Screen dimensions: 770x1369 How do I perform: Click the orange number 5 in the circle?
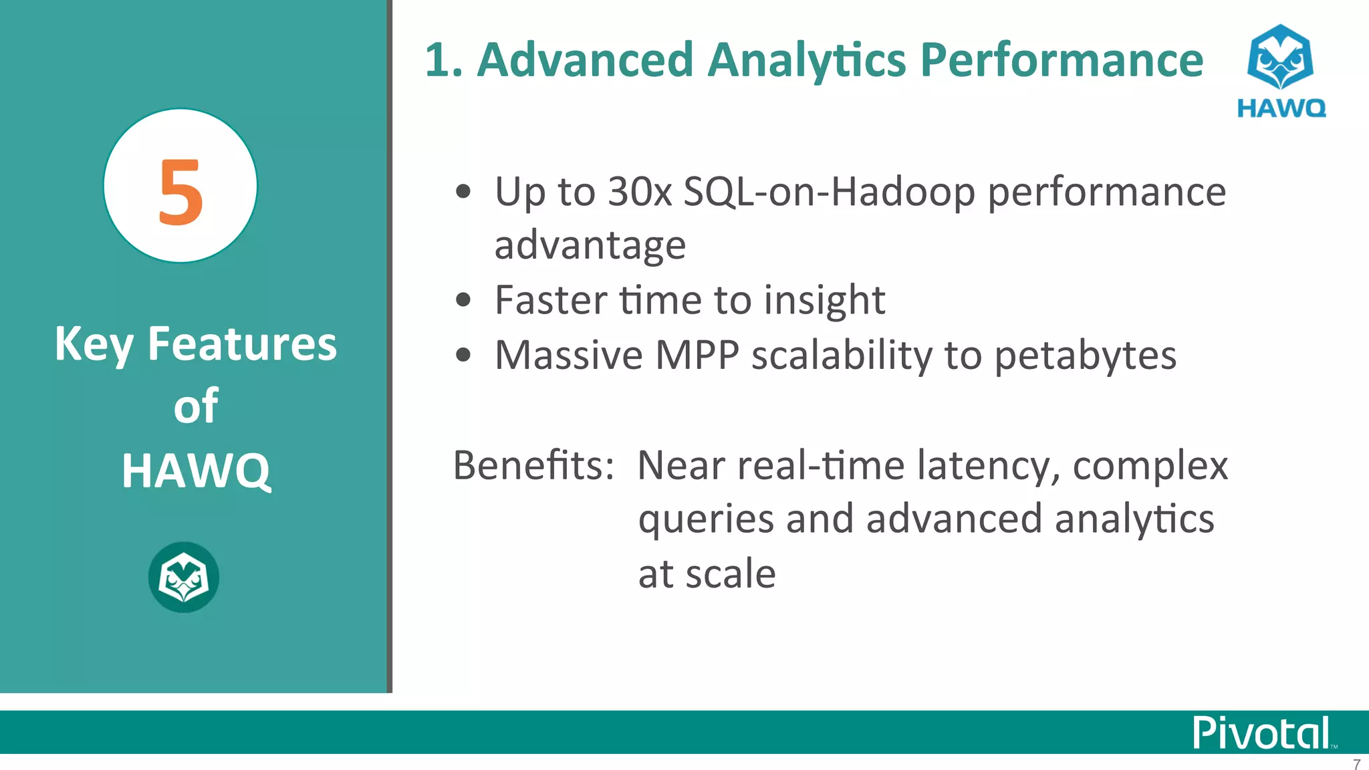pyautogui.click(x=180, y=192)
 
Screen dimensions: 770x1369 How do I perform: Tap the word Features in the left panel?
pyautogui.click(x=242, y=344)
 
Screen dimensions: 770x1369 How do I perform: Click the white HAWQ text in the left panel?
pyautogui.click(x=196, y=471)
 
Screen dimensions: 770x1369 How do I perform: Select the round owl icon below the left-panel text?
pyautogui.click(x=183, y=577)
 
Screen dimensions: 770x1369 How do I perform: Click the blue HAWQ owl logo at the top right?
pyautogui.click(x=1280, y=57)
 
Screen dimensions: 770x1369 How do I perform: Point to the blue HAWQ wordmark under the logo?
pyautogui.click(x=1281, y=108)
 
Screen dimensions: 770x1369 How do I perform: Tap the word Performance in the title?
pyautogui.click(x=1062, y=60)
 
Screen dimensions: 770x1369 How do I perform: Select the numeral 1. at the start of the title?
pyautogui.click(x=443, y=60)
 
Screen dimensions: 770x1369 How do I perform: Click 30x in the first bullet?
pyautogui.click(x=639, y=192)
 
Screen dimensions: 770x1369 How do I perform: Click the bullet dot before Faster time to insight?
pyautogui.click(x=463, y=300)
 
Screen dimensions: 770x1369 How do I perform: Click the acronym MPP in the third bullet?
pyautogui.click(x=697, y=355)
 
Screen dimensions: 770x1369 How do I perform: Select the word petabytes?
pyautogui.click(x=1085, y=355)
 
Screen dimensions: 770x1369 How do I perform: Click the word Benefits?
pyautogui.click(x=533, y=465)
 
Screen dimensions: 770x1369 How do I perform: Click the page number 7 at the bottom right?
pyautogui.click(x=1356, y=763)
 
